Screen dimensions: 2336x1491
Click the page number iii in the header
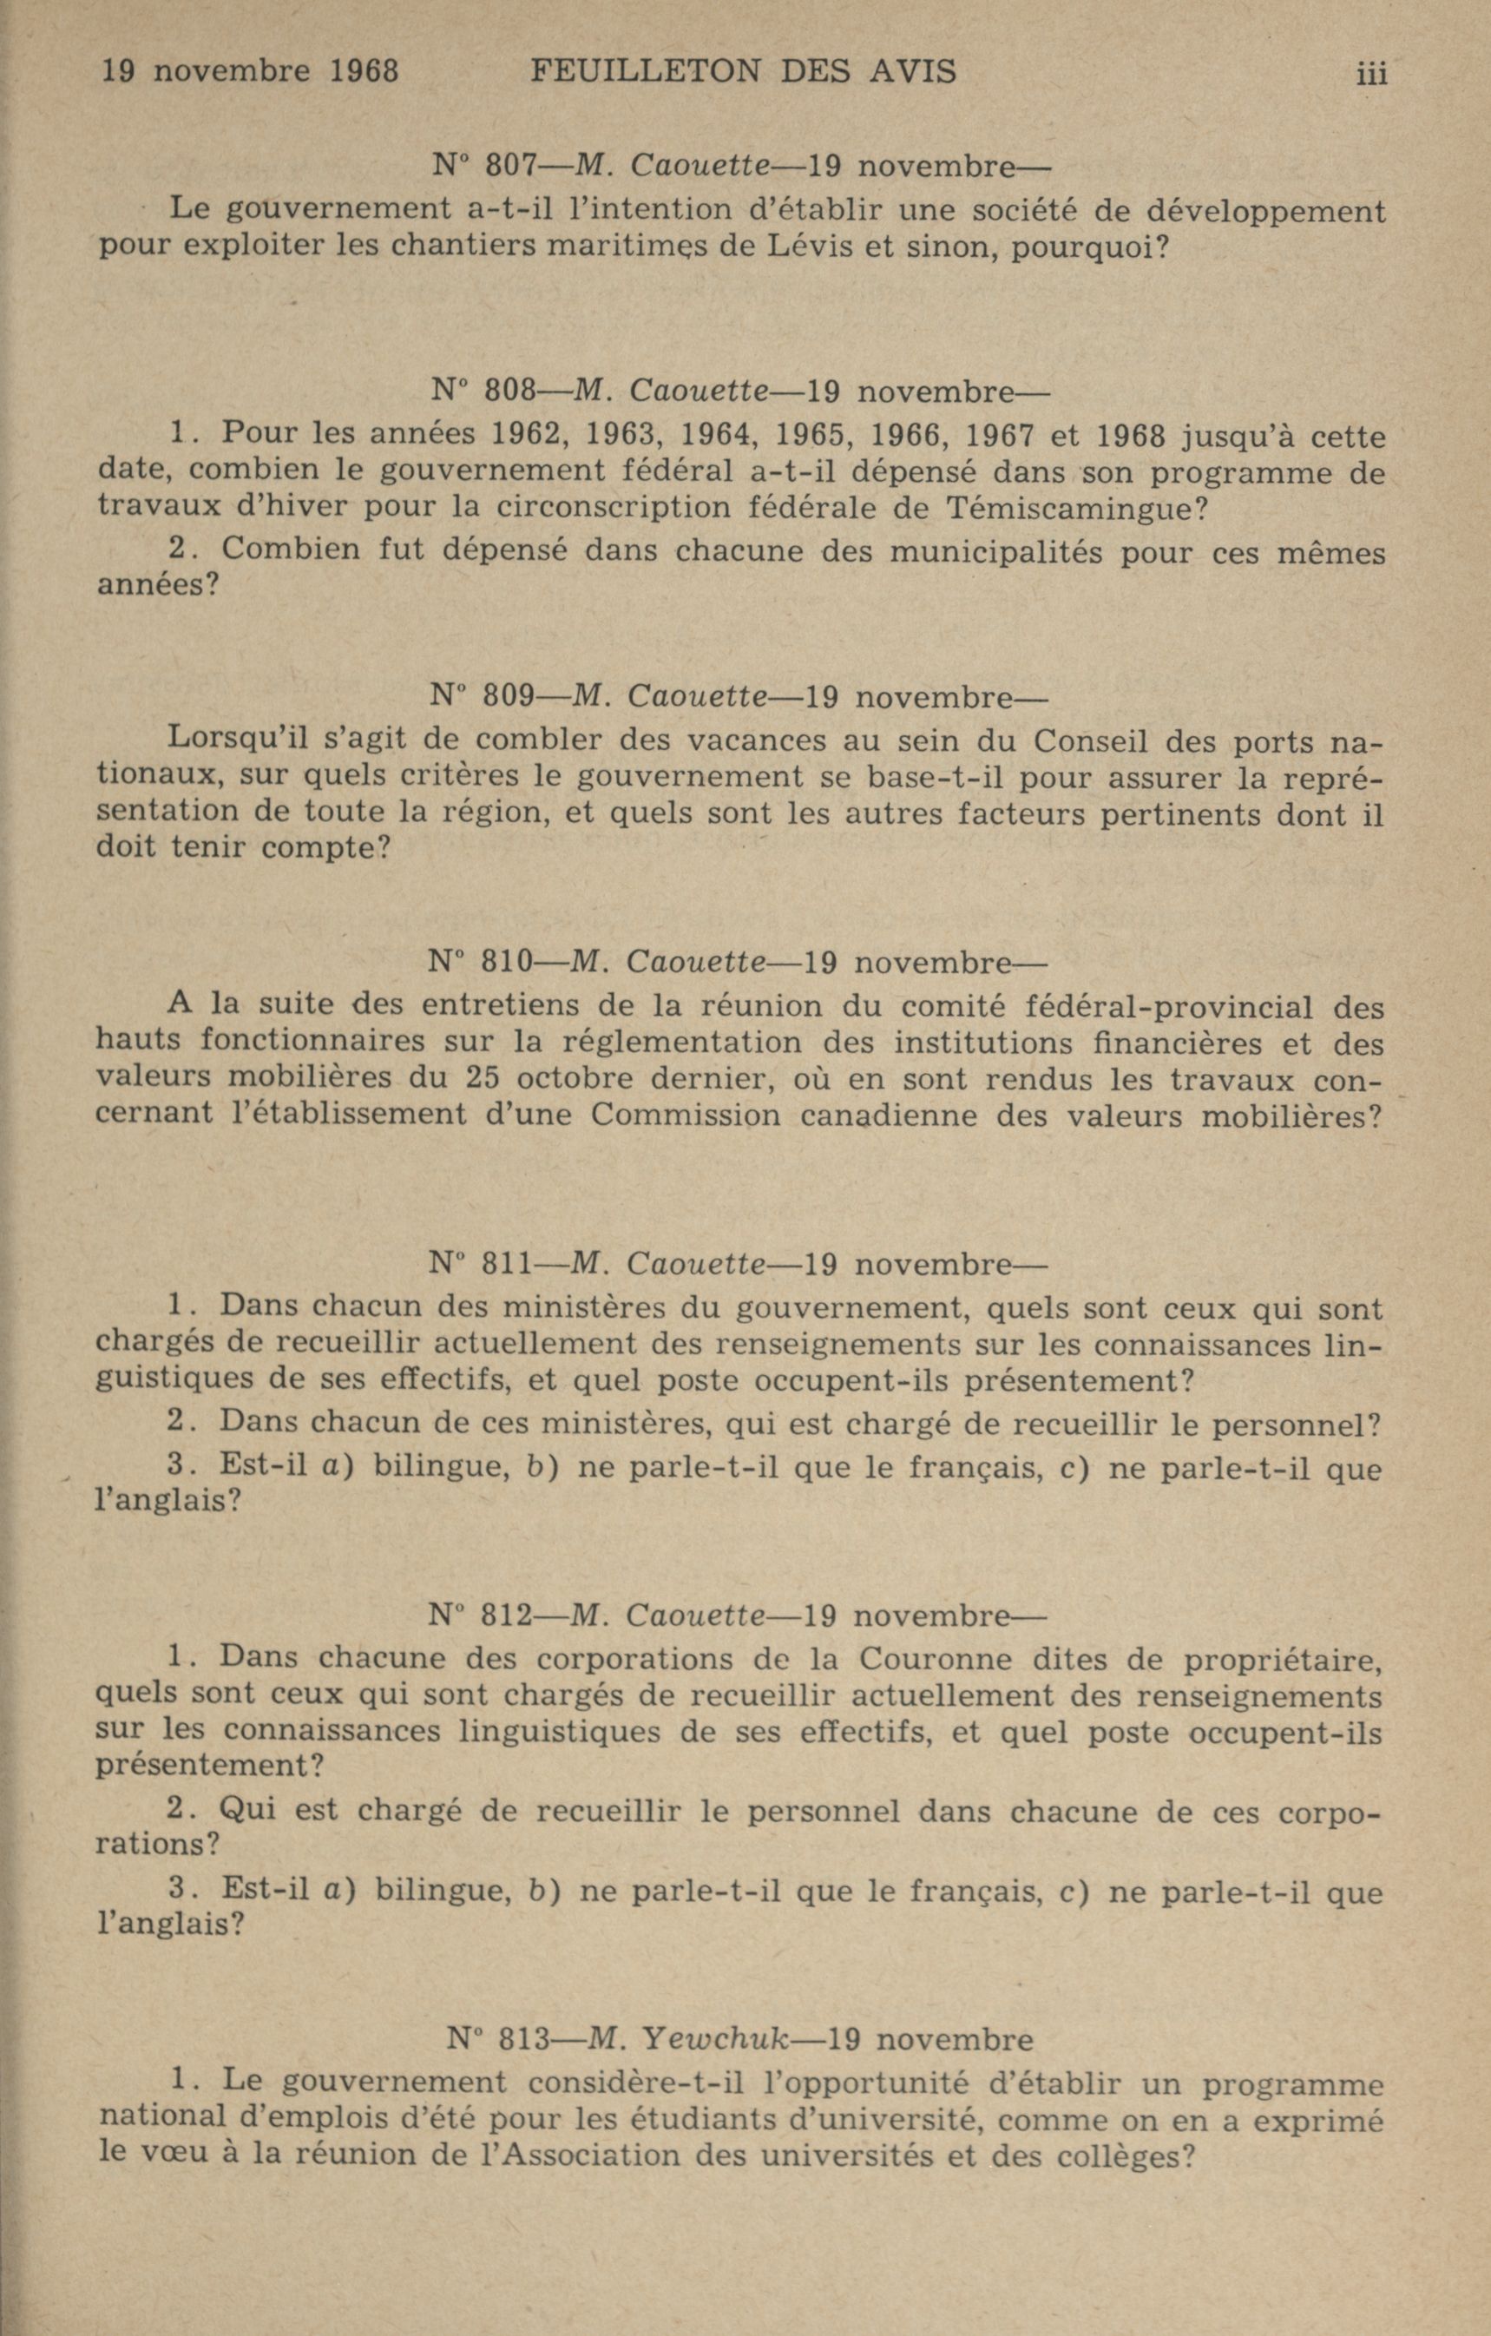1372,74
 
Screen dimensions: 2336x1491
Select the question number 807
510,166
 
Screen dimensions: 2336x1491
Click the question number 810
508,963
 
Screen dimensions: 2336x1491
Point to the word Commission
685,1115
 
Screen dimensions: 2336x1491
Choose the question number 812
508,1616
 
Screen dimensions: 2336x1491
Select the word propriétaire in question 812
1284,1660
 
